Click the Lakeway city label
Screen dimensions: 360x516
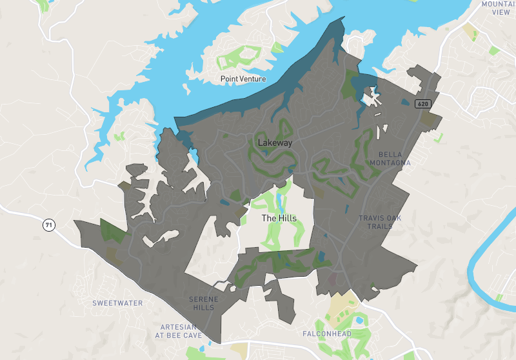coord(275,143)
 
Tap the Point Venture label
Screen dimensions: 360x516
coord(243,79)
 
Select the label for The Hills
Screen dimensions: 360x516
coord(279,219)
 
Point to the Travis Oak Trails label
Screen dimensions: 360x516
coord(380,222)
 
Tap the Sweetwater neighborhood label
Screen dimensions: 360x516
coord(117,303)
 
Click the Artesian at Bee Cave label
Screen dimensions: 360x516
coord(179,330)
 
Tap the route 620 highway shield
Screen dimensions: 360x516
coord(422,103)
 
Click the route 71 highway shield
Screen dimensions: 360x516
coord(48,225)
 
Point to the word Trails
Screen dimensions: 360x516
coord(380,226)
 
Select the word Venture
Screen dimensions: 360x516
coord(252,79)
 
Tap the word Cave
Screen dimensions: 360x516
coord(192,335)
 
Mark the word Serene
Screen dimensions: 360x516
coord(203,299)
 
